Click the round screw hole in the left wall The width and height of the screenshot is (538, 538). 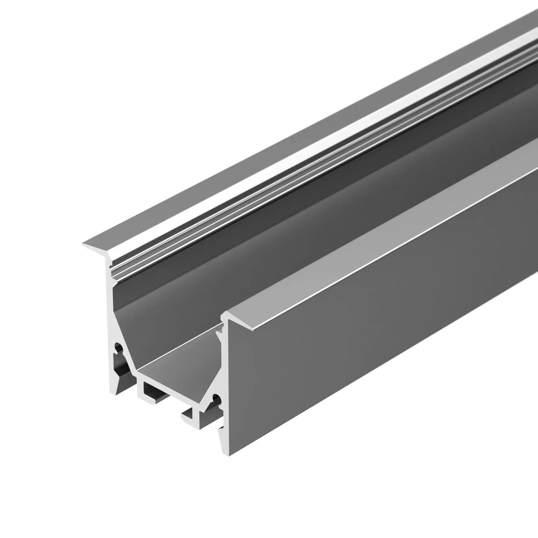point(118,347)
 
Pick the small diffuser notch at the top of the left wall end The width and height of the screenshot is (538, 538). point(110,267)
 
